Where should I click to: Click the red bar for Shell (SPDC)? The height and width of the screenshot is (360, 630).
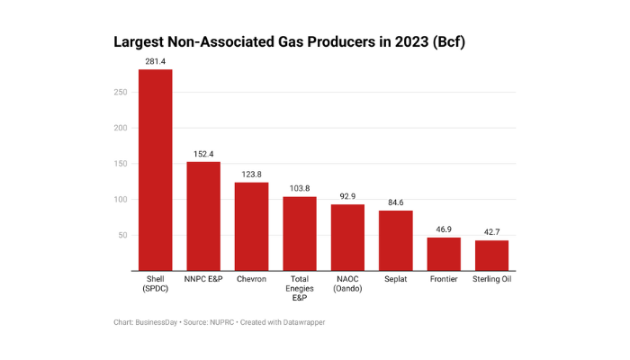tap(155, 170)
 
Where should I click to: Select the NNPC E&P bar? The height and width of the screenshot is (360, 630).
tap(203, 216)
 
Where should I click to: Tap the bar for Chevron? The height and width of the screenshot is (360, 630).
tap(251, 227)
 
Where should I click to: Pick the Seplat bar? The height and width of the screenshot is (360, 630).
tap(395, 240)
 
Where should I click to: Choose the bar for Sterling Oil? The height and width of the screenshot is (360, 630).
tap(491, 256)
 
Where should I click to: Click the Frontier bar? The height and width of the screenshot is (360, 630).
tap(444, 254)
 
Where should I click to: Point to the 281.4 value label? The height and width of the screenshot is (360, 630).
tap(155, 62)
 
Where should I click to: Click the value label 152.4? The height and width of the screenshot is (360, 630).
tap(203, 154)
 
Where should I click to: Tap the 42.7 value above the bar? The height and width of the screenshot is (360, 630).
tap(491, 233)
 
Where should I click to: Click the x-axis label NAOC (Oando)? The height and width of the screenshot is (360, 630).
tap(347, 283)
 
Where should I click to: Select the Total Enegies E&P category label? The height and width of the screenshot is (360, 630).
tap(299, 288)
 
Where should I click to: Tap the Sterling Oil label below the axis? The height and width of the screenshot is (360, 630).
tap(491, 279)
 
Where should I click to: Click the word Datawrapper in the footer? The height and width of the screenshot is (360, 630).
tap(300, 322)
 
